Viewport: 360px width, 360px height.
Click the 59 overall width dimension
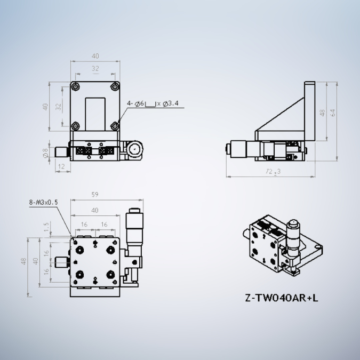94,195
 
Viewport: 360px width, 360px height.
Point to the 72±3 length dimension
273,171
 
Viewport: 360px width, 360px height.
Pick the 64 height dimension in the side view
333,113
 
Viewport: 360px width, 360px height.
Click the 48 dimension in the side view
322,113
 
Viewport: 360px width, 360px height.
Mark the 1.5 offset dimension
47,227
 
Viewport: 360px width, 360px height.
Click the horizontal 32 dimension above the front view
95,68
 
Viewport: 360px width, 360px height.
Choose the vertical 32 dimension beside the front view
59,106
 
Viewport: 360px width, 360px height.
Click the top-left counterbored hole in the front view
76,87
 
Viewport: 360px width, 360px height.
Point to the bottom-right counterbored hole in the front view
115,126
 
